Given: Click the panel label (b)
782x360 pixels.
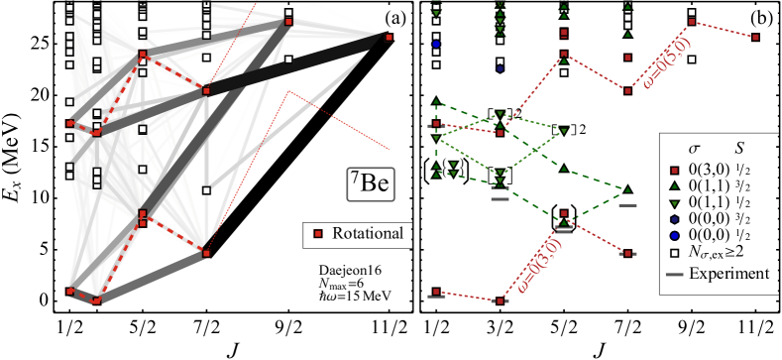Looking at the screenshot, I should click(x=763, y=18).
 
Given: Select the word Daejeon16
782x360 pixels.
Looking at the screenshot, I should click(x=342, y=270).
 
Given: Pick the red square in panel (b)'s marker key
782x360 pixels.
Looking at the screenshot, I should click(x=675, y=171).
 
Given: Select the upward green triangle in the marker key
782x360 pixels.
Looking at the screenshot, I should click(x=675, y=186).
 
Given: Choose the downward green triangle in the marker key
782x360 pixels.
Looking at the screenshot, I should click(x=675, y=202).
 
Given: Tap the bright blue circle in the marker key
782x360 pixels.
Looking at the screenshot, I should click(x=675, y=235).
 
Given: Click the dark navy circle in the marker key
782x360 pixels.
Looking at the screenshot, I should click(x=675, y=218).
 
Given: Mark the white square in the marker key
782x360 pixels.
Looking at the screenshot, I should click(x=675, y=253).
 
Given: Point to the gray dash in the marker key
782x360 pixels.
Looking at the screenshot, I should click(x=675, y=274).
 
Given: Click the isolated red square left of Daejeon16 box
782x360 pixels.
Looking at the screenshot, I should click(x=317, y=234).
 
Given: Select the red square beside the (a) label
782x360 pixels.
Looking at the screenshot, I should click(x=389, y=37).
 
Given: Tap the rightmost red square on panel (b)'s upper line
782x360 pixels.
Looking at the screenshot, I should click(x=756, y=38).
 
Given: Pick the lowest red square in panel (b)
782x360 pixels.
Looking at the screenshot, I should click(x=501, y=300).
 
